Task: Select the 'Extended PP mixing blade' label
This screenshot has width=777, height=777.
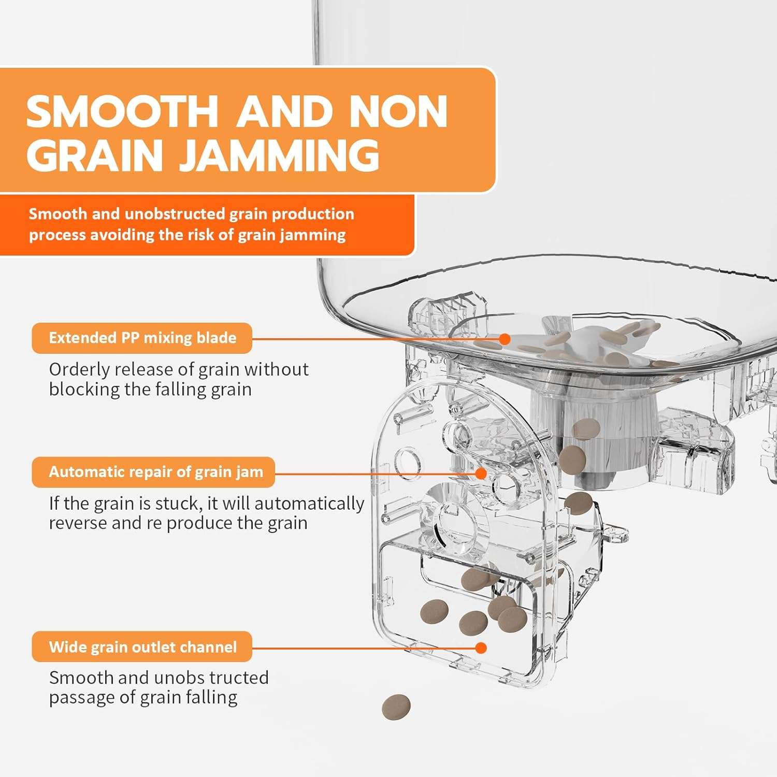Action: point(142,338)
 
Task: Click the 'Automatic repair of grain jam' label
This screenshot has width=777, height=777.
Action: point(156,472)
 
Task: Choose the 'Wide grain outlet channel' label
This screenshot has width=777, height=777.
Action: point(142,647)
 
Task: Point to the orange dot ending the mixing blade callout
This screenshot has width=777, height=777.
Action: point(505,339)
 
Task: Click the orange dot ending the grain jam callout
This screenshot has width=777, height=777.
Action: point(481,473)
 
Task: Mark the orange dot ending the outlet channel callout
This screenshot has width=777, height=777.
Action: point(481,647)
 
